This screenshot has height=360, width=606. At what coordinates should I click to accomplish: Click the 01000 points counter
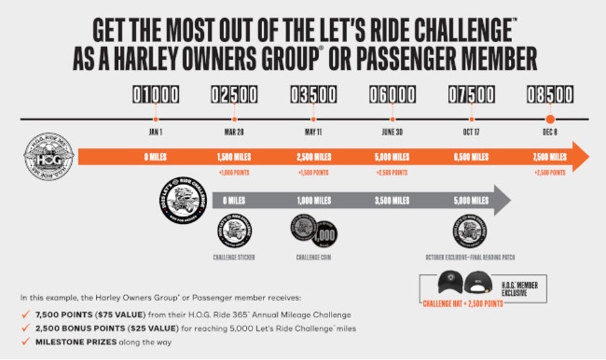(155, 95)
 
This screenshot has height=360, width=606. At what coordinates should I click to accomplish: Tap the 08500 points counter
(550, 95)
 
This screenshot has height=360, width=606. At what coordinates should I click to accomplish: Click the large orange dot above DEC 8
(550, 119)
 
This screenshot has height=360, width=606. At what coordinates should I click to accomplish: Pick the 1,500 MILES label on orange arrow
(234, 157)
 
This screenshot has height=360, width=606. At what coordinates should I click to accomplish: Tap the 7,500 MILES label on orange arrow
(550, 157)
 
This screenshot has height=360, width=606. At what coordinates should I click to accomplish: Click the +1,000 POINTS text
(234, 173)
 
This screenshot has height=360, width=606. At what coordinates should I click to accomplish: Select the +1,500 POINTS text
(313, 173)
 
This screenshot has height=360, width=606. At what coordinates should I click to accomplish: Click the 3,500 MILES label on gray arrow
(392, 201)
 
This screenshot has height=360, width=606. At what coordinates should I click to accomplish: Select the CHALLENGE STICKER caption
(234, 257)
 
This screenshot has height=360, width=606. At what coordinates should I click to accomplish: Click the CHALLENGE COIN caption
(314, 257)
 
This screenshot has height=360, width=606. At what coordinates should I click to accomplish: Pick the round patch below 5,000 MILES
(471, 231)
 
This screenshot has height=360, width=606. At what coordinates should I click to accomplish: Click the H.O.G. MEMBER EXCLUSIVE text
(520, 289)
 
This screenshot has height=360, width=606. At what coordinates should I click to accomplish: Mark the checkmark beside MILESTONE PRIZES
(25, 342)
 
